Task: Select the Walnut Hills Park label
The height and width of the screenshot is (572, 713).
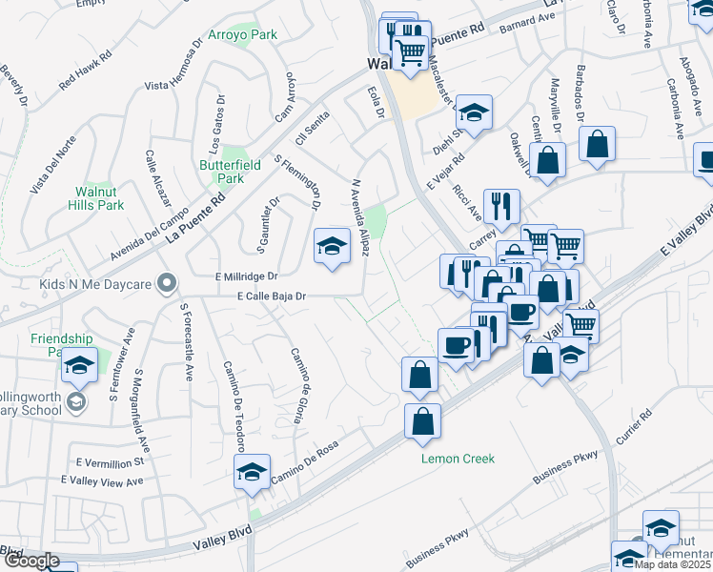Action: [x=99, y=197]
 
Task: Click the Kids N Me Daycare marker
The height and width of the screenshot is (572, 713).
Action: [x=168, y=283]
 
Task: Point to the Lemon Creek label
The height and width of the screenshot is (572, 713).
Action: [x=458, y=459]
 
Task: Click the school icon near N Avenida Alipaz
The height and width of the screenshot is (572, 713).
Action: [x=331, y=247]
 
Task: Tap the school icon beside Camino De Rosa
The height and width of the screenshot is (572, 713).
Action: [x=252, y=472]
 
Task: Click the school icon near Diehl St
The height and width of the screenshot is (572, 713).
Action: [x=473, y=112]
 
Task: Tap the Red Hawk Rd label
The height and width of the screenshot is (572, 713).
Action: [x=85, y=70]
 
